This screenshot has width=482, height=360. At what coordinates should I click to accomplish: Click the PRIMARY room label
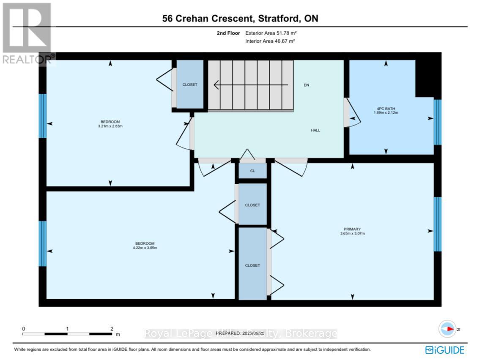(352, 229)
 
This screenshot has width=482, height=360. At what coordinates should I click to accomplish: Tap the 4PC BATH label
(386, 108)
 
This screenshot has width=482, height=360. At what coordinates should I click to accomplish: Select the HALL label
(315, 130)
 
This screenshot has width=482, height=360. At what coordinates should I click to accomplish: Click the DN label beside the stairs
(307, 85)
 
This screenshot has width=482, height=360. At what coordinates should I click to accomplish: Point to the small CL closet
(252, 171)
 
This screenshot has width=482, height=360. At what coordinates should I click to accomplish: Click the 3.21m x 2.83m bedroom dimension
(110, 126)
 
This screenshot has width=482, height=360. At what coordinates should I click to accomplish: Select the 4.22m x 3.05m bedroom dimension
(145, 248)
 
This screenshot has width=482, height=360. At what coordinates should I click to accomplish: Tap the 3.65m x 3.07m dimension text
(352, 233)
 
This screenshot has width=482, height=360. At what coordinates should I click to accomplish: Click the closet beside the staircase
(190, 85)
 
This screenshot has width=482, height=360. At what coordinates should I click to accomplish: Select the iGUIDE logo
(444, 350)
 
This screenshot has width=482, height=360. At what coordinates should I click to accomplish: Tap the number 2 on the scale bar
(112, 328)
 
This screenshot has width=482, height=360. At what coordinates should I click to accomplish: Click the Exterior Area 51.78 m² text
(270, 33)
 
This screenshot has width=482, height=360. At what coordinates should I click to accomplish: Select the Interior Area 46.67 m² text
(270, 41)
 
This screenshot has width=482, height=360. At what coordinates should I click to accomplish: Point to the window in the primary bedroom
(438, 224)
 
